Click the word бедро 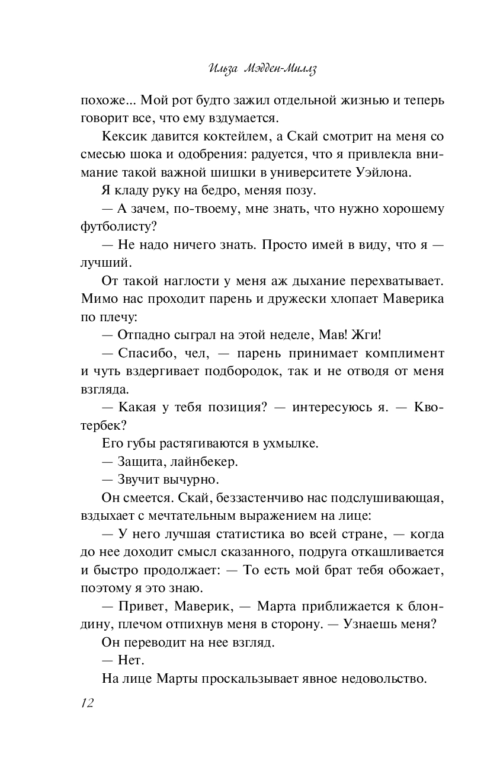(x=204, y=191)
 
